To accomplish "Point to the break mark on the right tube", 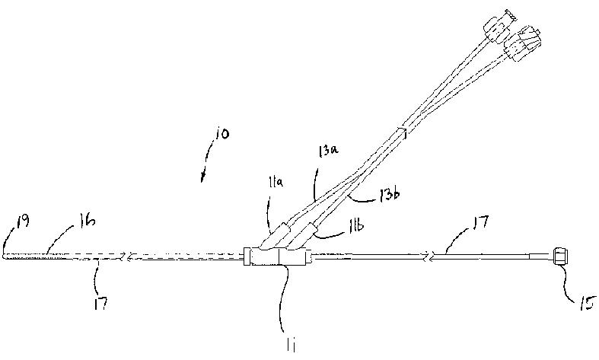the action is tap(432, 258).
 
